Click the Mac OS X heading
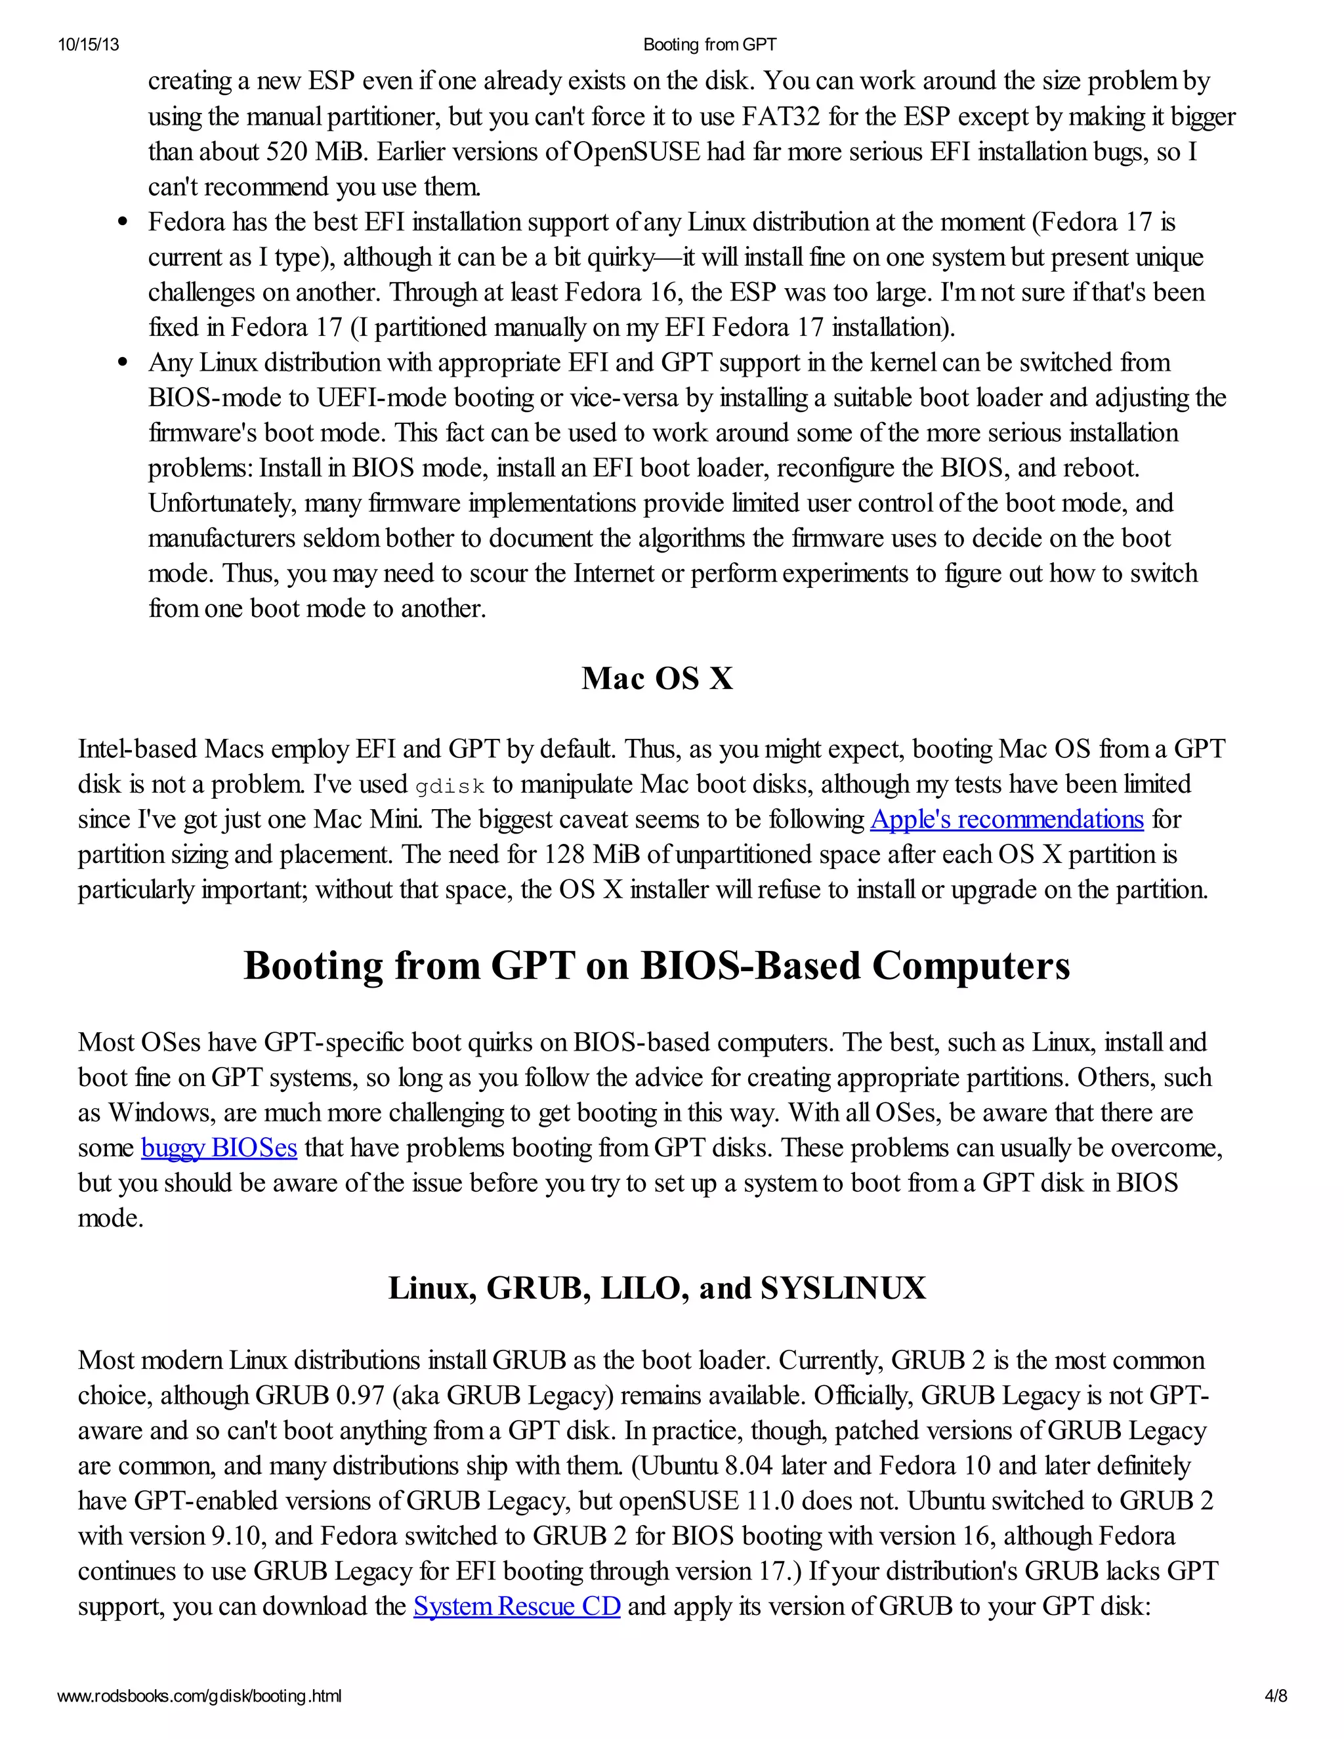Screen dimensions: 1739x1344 657,679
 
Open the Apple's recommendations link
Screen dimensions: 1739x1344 1007,820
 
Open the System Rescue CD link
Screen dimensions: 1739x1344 516,1606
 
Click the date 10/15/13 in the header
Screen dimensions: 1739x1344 89,45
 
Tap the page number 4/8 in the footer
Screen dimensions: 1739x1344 1276,1695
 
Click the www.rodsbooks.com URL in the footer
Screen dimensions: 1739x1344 199,1695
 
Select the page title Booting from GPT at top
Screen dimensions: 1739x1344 709,45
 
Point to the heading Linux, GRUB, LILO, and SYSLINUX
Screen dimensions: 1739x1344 657,1288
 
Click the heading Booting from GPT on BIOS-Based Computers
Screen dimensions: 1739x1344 657,966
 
